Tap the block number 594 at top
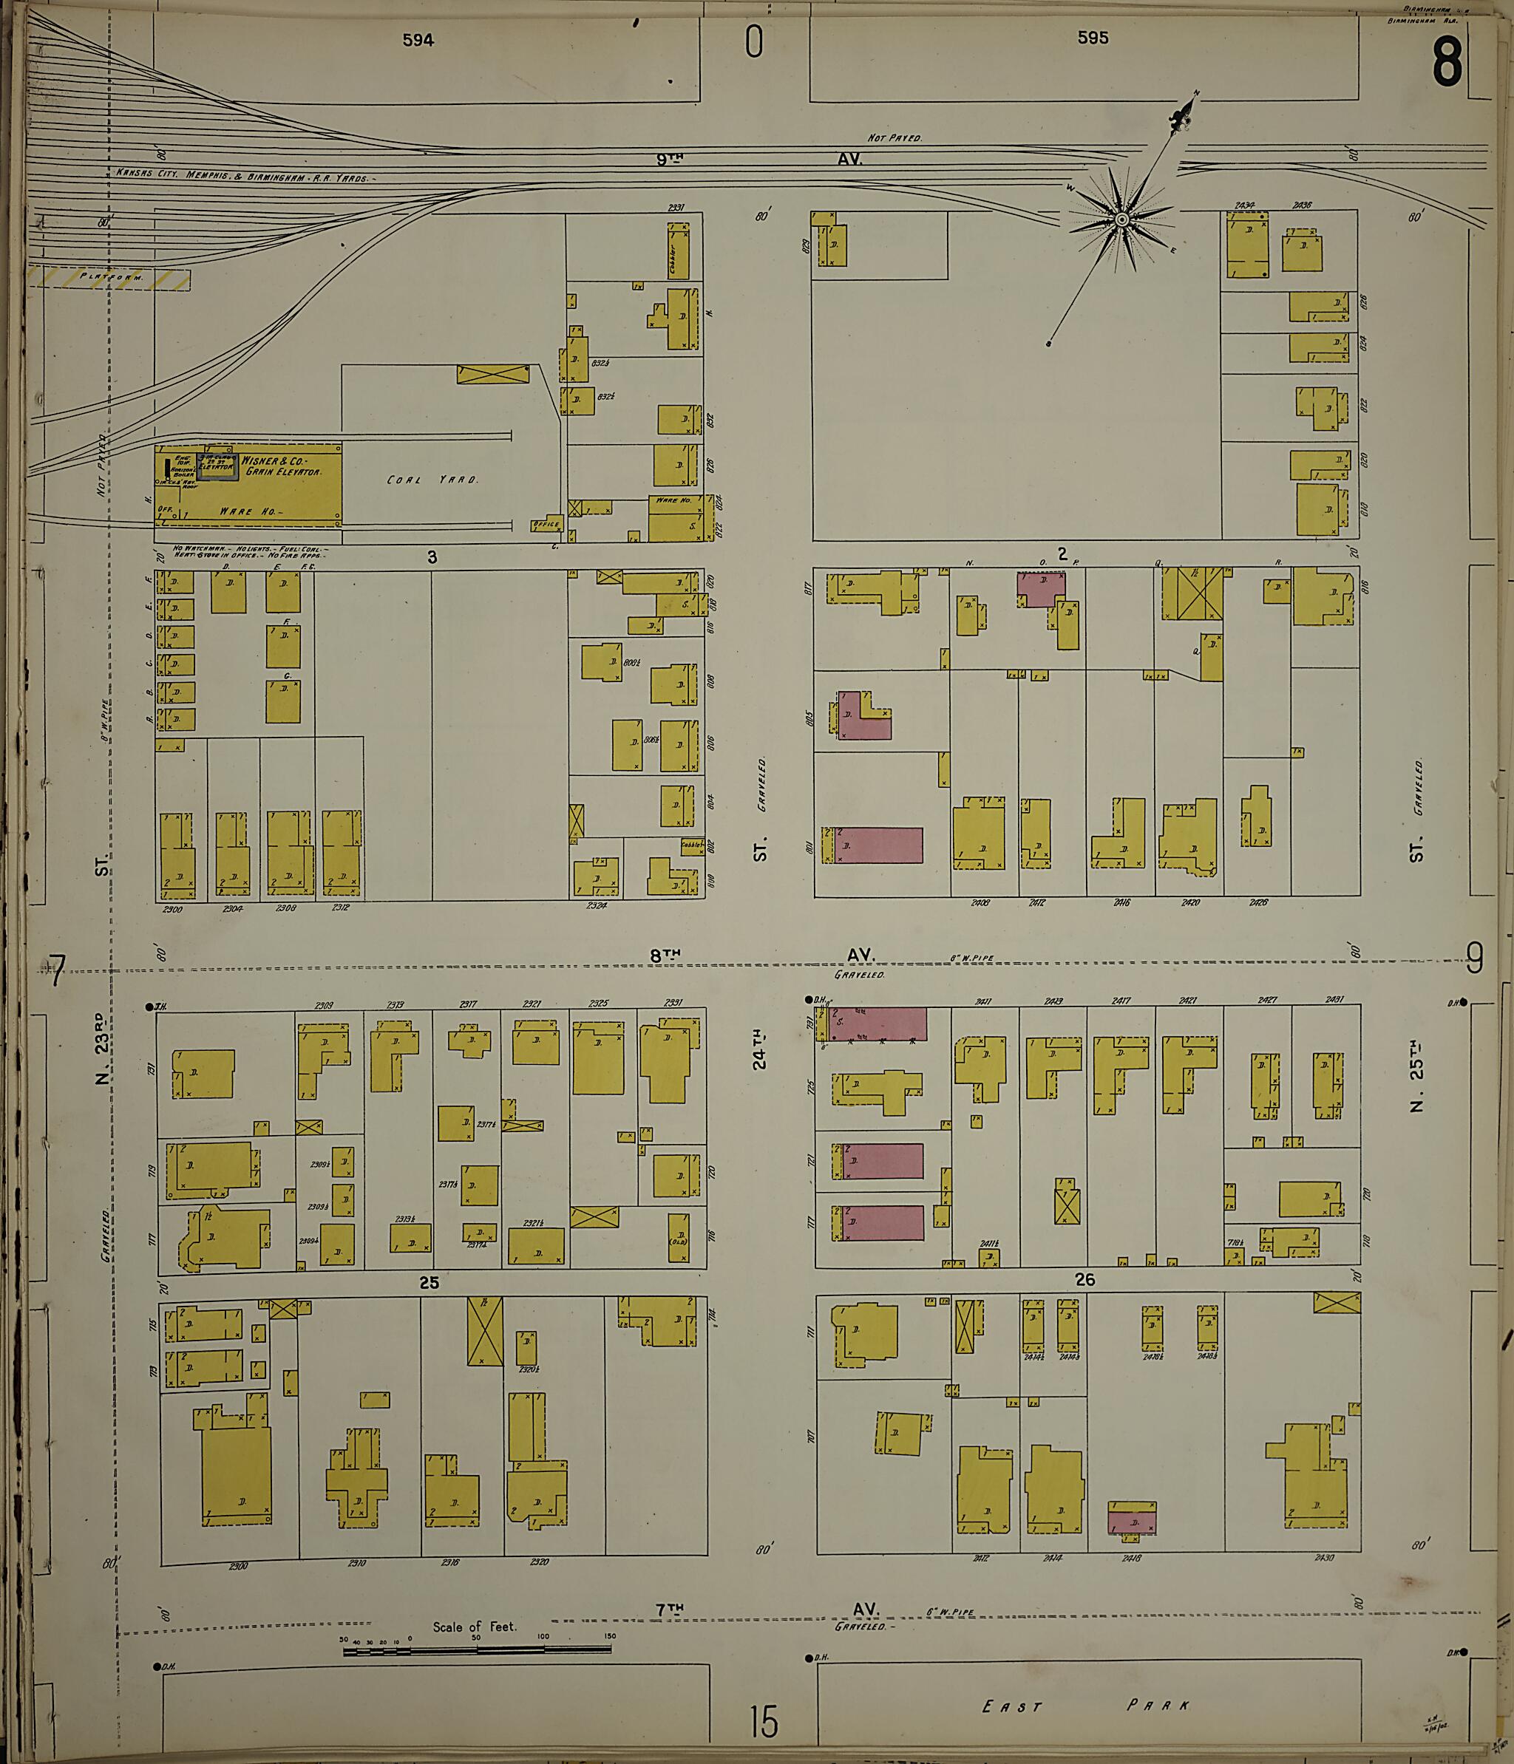coord(418,40)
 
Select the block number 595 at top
coord(1093,38)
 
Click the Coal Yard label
coord(432,480)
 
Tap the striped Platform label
coord(111,276)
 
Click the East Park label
coord(1086,1706)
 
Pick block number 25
coord(430,1283)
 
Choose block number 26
coord(1084,1279)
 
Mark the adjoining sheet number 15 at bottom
coord(764,1721)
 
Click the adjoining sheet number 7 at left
coord(57,971)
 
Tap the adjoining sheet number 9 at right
coord(1475,960)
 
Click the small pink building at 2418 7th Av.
coord(1132,1519)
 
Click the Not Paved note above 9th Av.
coord(894,137)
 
